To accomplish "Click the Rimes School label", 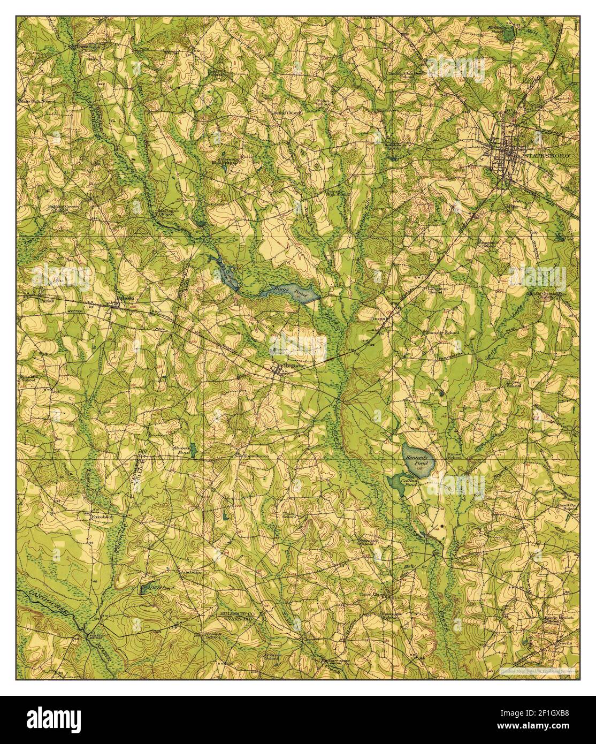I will click(x=454, y=455).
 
